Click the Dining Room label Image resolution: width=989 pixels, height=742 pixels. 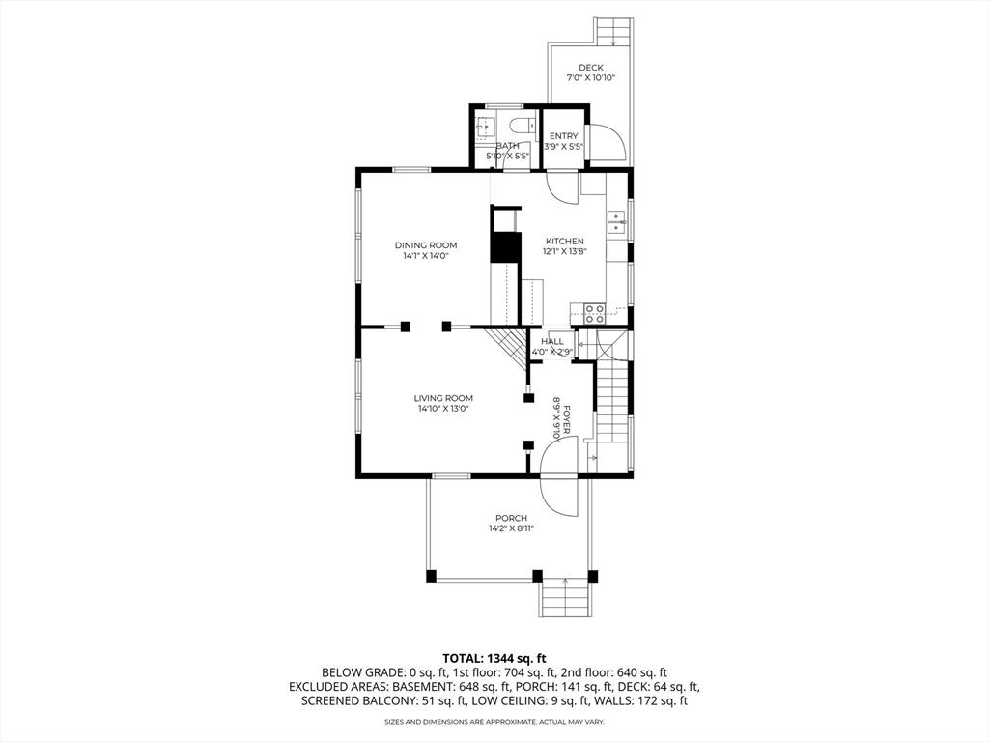[x=426, y=245]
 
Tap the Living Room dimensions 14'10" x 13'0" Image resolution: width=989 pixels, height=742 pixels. [x=443, y=409]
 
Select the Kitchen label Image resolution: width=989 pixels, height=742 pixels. [x=564, y=242]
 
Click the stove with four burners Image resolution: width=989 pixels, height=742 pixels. [x=594, y=312]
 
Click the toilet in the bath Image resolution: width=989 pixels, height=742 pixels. [x=523, y=126]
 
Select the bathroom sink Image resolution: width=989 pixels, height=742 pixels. [x=487, y=126]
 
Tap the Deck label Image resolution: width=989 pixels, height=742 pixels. [x=590, y=68]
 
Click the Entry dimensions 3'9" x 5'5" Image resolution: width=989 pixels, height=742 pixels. [x=563, y=147]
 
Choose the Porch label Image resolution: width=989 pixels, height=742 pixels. [x=511, y=519]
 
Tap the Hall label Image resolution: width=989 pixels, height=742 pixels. [x=552, y=341]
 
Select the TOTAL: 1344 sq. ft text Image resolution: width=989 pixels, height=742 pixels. [x=494, y=657]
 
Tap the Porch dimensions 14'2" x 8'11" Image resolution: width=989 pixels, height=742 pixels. [x=511, y=529]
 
